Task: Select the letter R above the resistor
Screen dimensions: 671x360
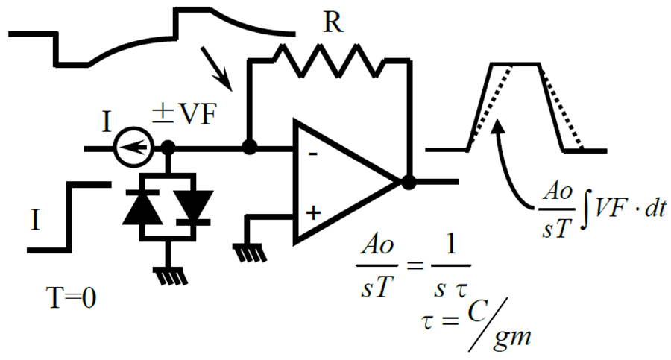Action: pyautogui.click(x=333, y=22)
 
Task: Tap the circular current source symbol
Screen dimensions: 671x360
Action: pyautogui.click(x=134, y=148)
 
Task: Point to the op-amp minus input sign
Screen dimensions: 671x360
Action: pyautogui.click(x=313, y=154)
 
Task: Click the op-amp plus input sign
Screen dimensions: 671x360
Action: pyautogui.click(x=314, y=212)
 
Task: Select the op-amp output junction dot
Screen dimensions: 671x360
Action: pyautogui.click(x=409, y=183)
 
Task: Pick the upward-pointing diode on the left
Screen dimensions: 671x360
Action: pyautogui.click(x=142, y=209)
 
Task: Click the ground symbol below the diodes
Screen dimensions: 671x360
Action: pyautogui.click(x=170, y=276)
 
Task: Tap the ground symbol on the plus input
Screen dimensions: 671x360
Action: pyautogui.click(x=250, y=253)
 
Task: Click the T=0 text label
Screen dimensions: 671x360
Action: pyautogui.click(x=71, y=298)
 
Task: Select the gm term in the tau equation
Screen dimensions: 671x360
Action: pyautogui.click(x=512, y=336)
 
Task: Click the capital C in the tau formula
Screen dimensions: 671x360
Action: pyautogui.click(x=477, y=312)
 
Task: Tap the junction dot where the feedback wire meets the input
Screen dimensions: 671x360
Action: pyautogui.click(x=250, y=148)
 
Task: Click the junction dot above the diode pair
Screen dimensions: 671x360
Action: pyautogui.click(x=168, y=148)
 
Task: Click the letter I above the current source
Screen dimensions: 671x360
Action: pyautogui.click(x=107, y=121)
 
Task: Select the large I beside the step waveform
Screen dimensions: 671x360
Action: pyautogui.click(x=36, y=220)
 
